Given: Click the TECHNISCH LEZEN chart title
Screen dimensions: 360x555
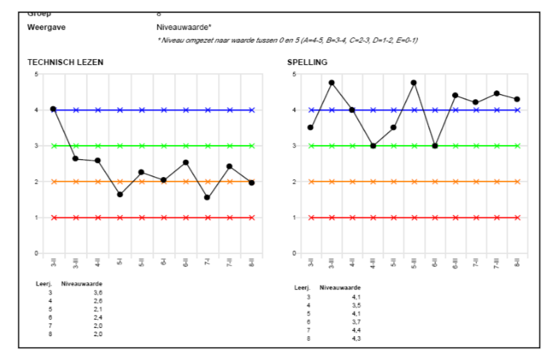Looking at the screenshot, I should (65, 62).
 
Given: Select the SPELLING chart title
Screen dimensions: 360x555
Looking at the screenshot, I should (307, 62).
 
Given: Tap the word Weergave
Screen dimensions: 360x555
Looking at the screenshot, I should (46, 26).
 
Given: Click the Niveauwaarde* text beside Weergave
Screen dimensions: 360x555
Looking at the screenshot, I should (179, 26).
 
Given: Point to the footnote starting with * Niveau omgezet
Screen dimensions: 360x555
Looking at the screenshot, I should (287, 40).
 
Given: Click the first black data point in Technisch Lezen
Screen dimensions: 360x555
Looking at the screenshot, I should (53, 109).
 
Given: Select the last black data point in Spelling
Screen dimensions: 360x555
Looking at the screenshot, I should (517, 99).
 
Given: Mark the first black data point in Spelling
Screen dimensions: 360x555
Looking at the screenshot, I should (311, 128).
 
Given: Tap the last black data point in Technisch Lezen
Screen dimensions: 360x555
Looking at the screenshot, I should (252, 183).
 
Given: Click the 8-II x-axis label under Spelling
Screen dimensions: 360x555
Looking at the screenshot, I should (517, 263).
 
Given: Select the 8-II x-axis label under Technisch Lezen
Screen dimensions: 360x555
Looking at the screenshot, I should (252, 263).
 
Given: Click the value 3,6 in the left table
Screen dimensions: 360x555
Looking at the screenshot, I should (98, 293).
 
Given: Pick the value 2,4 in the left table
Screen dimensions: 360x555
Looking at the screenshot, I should (98, 317).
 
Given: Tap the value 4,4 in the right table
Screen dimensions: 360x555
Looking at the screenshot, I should (357, 330).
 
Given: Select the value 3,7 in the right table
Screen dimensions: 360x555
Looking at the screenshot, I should (357, 322).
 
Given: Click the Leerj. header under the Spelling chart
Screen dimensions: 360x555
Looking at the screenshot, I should (302, 288).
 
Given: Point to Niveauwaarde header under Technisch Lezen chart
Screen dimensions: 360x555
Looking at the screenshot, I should (82, 285).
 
